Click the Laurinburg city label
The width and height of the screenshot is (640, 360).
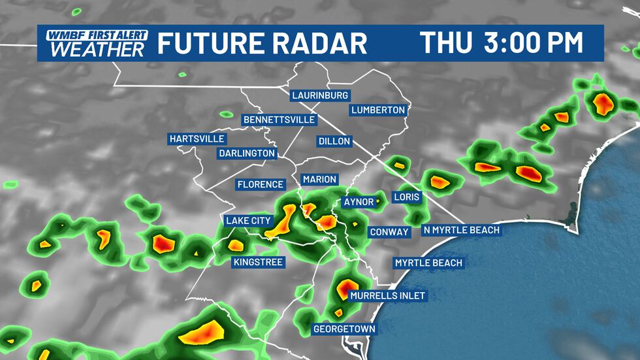(320, 95)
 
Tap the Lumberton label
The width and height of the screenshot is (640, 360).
(378, 110)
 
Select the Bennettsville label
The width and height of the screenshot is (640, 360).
(279, 120)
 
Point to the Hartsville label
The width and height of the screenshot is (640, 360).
(197, 139)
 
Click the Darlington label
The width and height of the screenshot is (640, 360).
(246, 153)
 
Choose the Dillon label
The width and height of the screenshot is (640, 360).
(334, 140)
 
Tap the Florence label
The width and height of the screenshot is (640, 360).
(260, 184)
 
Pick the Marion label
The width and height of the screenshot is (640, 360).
(319, 179)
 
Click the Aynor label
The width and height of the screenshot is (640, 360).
(359, 202)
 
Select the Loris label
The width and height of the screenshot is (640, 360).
(407, 196)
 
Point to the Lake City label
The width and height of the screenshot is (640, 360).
(248, 220)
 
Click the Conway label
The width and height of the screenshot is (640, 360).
(389, 232)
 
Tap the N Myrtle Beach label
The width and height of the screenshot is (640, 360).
(461, 229)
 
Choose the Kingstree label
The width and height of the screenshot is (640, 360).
(257, 262)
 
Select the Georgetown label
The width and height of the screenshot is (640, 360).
(344, 329)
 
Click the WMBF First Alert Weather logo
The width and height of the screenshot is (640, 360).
(92, 43)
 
